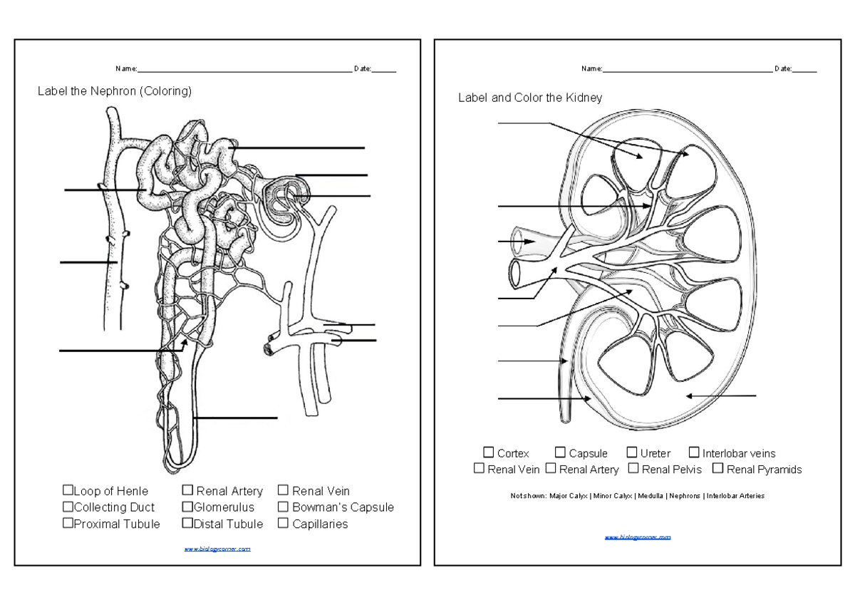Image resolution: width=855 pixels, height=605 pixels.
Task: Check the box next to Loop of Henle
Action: pos(68,490)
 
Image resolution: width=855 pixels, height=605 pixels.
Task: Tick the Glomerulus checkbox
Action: pos(187,507)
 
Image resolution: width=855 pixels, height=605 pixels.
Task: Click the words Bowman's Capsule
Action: pos(343,507)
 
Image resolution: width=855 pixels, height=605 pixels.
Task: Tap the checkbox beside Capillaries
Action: pos(283,524)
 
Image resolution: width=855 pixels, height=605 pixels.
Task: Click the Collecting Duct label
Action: pos(114,507)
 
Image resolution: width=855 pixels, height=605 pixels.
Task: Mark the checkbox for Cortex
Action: pos(488,453)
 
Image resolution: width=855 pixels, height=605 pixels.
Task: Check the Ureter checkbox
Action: pos(632,453)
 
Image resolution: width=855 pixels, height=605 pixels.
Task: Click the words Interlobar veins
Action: pos(738,453)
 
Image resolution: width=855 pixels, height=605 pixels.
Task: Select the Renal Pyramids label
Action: pos(764,470)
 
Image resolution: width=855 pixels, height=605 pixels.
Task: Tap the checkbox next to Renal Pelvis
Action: pos(633,469)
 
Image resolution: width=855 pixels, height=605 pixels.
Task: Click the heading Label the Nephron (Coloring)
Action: pos(115,91)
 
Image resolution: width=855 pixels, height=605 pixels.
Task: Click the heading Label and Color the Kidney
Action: pos(529,98)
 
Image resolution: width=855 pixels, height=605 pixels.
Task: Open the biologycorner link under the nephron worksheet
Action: pos(217,549)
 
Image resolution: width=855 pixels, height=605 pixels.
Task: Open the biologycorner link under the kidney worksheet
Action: pos(638,537)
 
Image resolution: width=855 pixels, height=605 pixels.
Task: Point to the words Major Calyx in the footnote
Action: pos(569,496)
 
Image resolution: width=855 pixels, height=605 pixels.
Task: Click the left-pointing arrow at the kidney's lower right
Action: pos(721,395)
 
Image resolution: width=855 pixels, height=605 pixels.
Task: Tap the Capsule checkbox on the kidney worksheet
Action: pos(560,453)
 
